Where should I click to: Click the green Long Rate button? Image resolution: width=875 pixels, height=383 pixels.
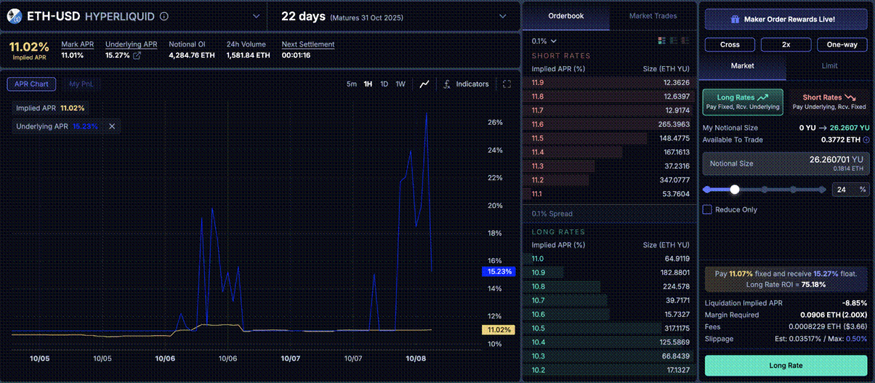point(786,366)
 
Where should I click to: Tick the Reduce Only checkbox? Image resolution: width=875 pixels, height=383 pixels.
point(707,210)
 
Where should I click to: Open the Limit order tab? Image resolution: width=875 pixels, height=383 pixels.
point(829,65)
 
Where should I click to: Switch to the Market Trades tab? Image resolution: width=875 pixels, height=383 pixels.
point(653,16)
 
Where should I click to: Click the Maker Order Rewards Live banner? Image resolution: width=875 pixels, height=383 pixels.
point(786,19)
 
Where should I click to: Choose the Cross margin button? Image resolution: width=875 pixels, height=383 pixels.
point(730,44)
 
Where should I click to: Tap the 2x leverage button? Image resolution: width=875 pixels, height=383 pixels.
point(786,44)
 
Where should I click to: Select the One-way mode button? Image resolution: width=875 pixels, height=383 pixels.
point(842,44)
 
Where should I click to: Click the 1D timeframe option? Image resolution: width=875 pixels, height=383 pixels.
point(384,84)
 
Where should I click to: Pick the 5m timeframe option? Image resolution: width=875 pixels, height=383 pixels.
point(352,84)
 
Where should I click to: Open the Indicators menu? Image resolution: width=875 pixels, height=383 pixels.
point(466,84)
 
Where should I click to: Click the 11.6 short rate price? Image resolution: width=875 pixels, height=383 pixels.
point(538,124)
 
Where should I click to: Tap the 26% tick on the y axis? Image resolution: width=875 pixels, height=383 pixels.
point(495,123)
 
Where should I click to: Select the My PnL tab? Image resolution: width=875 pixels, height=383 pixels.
point(81,84)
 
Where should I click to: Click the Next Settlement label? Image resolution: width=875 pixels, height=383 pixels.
point(308,44)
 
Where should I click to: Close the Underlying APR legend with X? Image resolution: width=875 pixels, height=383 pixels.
point(112,126)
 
